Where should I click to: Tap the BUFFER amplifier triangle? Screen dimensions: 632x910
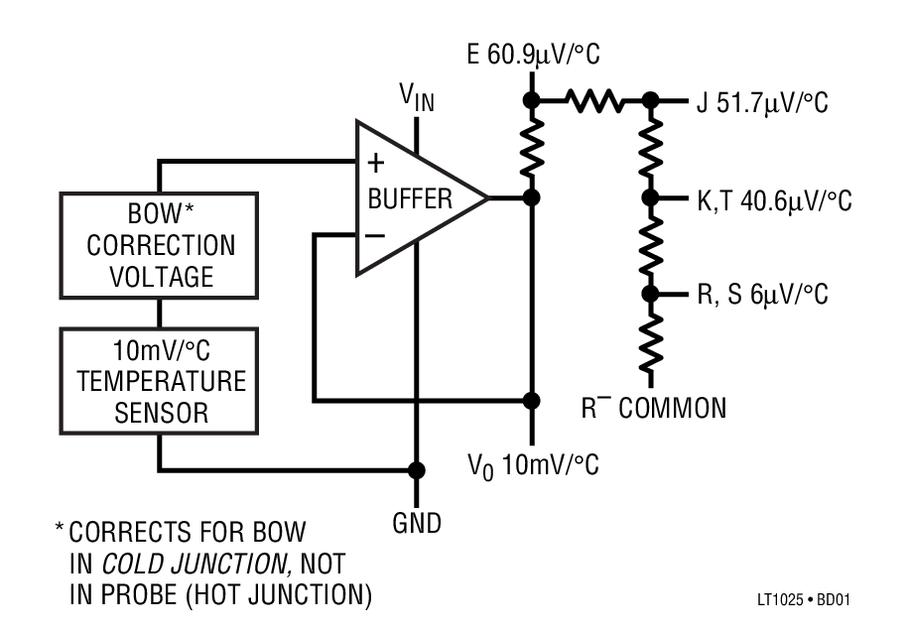click(412, 198)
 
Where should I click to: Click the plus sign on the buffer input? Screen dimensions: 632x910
click(377, 163)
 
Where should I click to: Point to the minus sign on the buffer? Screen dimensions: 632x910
click(376, 236)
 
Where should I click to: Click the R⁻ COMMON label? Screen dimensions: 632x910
click(654, 407)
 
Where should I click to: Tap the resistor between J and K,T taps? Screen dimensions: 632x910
click(652, 149)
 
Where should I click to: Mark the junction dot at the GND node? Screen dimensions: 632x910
click(417, 469)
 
